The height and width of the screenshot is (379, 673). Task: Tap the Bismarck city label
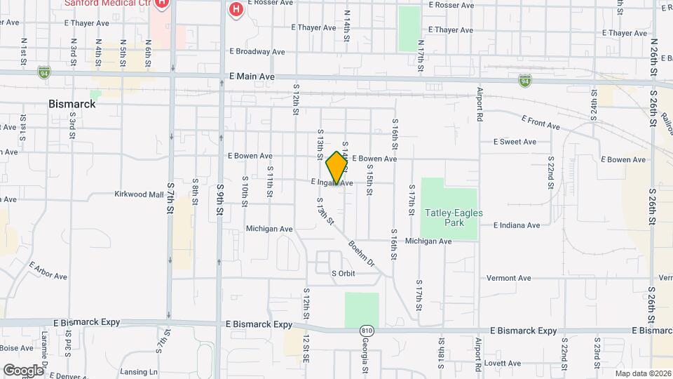point(72,104)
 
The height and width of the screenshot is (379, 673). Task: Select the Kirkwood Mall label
point(139,194)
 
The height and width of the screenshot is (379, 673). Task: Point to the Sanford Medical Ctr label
point(108,3)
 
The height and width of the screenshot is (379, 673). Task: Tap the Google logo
point(23,370)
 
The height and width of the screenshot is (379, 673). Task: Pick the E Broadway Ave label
point(257,52)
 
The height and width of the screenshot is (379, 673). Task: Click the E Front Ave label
point(541,123)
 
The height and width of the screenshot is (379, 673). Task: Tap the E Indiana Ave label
point(517,225)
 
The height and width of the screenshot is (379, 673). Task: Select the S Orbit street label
point(344,272)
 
